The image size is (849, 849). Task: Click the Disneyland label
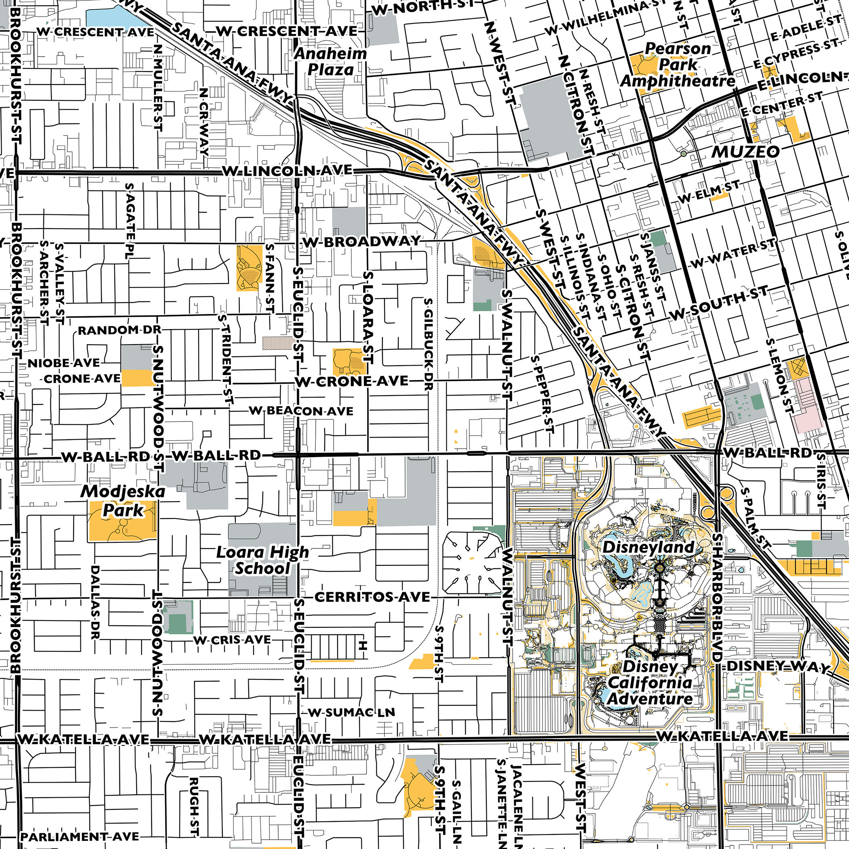pos(648,547)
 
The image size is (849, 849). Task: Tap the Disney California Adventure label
pos(650,683)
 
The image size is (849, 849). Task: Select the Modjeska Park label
pos(122,501)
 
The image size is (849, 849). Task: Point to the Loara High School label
pos(262,560)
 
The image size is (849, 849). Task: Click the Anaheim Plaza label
pos(330,61)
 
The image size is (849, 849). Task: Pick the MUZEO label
pos(746,152)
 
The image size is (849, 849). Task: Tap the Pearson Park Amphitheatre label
pos(677,65)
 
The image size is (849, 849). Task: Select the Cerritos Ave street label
pos(372,597)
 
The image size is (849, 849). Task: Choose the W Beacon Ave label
pos(301,411)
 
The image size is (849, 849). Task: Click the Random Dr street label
pos(120,330)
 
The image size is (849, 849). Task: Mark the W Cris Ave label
pos(232,640)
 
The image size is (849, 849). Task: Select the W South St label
pos(719,303)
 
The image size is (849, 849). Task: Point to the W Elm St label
pos(708,192)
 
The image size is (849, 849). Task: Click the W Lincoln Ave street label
pos(287,171)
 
